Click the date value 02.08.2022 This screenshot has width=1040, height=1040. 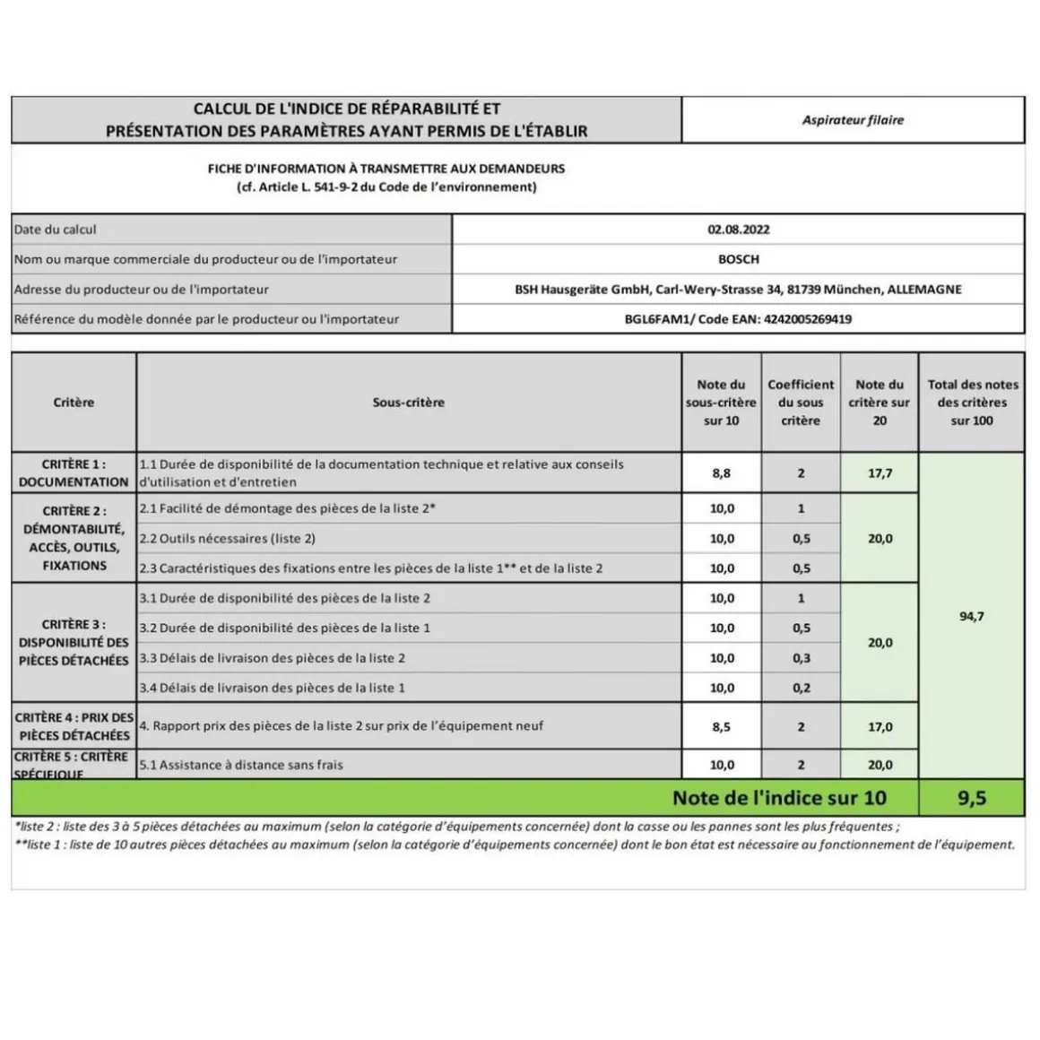(738, 230)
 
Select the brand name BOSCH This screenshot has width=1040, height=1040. (738, 259)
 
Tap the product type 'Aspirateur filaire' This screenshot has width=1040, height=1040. (853, 120)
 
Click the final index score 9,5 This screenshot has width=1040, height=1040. (971, 798)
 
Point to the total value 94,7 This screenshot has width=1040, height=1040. (971, 617)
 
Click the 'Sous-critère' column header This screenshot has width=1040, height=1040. (408, 403)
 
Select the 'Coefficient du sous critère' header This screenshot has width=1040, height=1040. (801, 403)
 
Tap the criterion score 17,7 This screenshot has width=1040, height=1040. (880, 473)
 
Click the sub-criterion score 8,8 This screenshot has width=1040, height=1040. (722, 473)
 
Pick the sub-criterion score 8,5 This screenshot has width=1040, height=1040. (722, 727)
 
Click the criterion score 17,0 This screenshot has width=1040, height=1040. (880, 727)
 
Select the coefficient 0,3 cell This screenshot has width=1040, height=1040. (801, 658)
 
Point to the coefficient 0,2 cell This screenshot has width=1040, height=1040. (801, 689)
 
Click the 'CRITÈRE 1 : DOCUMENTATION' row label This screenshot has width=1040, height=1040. (74, 473)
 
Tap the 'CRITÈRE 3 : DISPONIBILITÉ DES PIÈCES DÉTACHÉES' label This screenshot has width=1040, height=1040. (74, 642)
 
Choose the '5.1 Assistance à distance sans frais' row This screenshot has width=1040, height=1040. (241, 765)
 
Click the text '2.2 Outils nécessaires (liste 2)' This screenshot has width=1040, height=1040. (227, 539)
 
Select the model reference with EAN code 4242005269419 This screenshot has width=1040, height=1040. (738, 319)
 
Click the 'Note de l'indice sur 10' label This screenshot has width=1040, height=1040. (778, 798)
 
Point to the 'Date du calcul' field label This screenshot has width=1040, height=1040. (56, 230)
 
